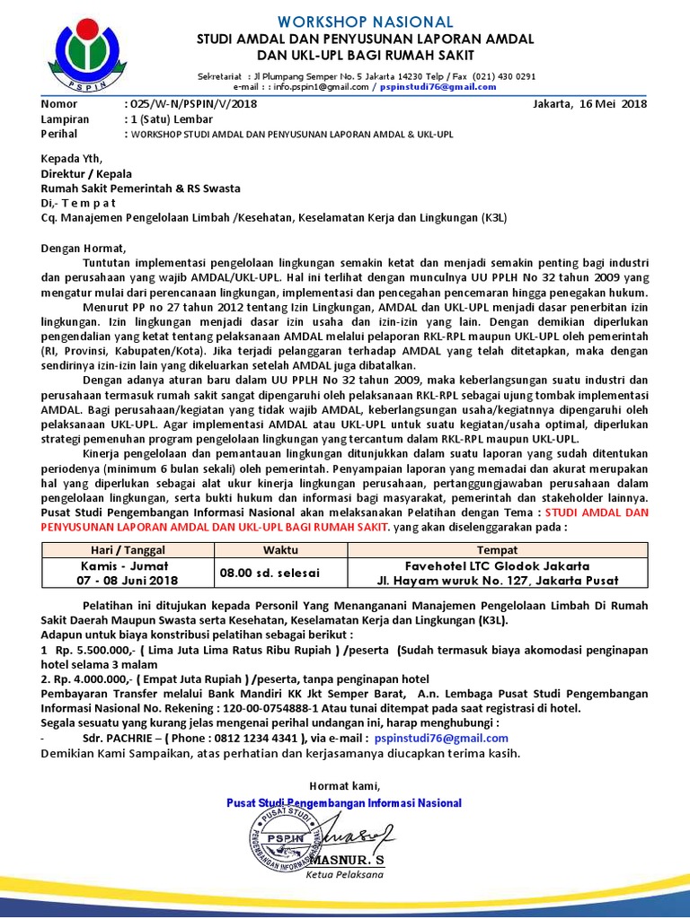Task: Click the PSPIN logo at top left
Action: pos(86,52)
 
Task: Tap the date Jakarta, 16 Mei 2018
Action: pos(590,104)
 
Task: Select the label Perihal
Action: pos(60,134)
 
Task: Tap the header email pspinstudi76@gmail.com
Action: pos(438,87)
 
